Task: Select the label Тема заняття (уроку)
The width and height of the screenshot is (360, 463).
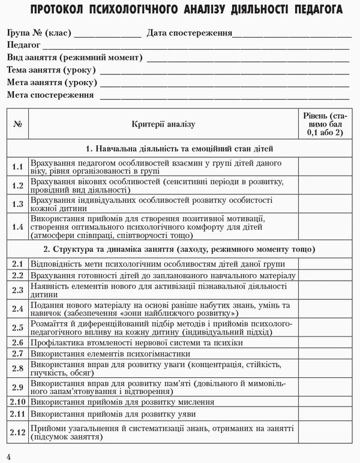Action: click(52, 70)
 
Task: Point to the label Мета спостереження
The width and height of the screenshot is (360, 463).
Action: click(50, 95)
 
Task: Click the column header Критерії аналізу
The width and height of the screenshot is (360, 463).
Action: click(164, 124)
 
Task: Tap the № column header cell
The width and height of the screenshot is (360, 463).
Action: click(17, 124)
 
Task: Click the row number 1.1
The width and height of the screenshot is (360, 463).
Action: click(17, 167)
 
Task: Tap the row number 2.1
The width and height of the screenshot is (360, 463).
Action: click(17, 263)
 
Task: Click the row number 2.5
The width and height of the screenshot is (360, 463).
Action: click(17, 327)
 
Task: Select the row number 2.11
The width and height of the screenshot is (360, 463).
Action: click(17, 414)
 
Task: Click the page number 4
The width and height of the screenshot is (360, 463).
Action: click(8, 457)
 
